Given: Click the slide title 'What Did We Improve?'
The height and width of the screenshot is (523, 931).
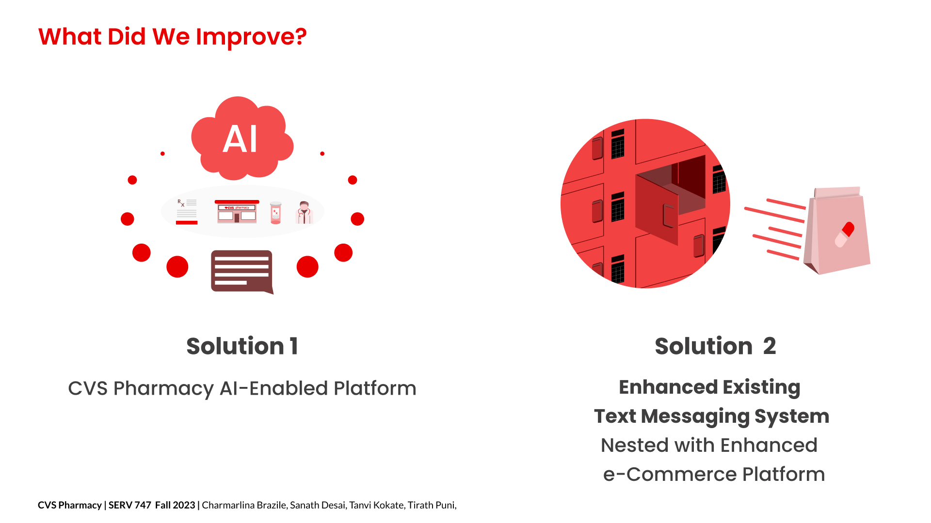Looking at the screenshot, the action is click(x=172, y=37).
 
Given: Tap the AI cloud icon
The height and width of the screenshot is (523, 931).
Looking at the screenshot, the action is click(x=242, y=138).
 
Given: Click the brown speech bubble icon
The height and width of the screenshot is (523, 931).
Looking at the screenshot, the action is click(x=242, y=272).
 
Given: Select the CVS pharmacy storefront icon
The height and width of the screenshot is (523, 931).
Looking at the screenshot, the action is click(x=237, y=211).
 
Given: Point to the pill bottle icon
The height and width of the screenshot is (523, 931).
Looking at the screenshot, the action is click(x=275, y=213).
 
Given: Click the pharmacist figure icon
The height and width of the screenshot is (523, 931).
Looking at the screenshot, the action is click(x=304, y=213).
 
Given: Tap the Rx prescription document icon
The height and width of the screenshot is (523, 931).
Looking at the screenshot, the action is click(x=187, y=212).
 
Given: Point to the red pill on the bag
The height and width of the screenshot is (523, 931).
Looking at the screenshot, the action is click(x=844, y=234).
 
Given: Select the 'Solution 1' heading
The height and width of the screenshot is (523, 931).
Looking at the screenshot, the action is click(x=242, y=346).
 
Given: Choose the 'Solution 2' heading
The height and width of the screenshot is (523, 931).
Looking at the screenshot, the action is click(x=715, y=346).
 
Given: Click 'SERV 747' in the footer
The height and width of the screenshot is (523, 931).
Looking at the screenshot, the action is click(x=130, y=505).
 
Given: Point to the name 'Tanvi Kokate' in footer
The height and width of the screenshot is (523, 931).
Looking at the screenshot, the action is click(x=376, y=505).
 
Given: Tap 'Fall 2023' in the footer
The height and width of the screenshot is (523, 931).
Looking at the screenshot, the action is click(x=175, y=505).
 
